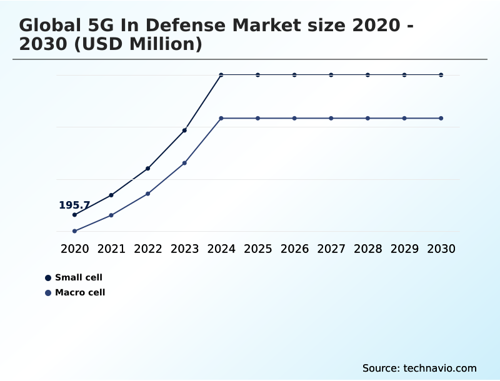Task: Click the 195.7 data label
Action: (74, 205)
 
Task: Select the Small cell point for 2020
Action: (74, 215)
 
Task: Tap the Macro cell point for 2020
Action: (74, 231)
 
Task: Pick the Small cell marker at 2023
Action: (184, 130)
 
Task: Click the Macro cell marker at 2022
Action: (147, 194)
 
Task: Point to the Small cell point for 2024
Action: (221, 75)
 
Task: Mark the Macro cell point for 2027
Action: (331, 118)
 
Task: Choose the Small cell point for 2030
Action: (441, 75)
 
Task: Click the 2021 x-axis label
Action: (111, 249)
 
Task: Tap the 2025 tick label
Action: (257, 249)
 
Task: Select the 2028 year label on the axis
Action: (367, 249)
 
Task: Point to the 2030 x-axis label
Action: (441, 249)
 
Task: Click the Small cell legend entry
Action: (78, 277)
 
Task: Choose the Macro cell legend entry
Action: (79, 292)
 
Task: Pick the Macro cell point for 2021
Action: (111, 215)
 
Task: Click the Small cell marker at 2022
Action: (147, 168)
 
